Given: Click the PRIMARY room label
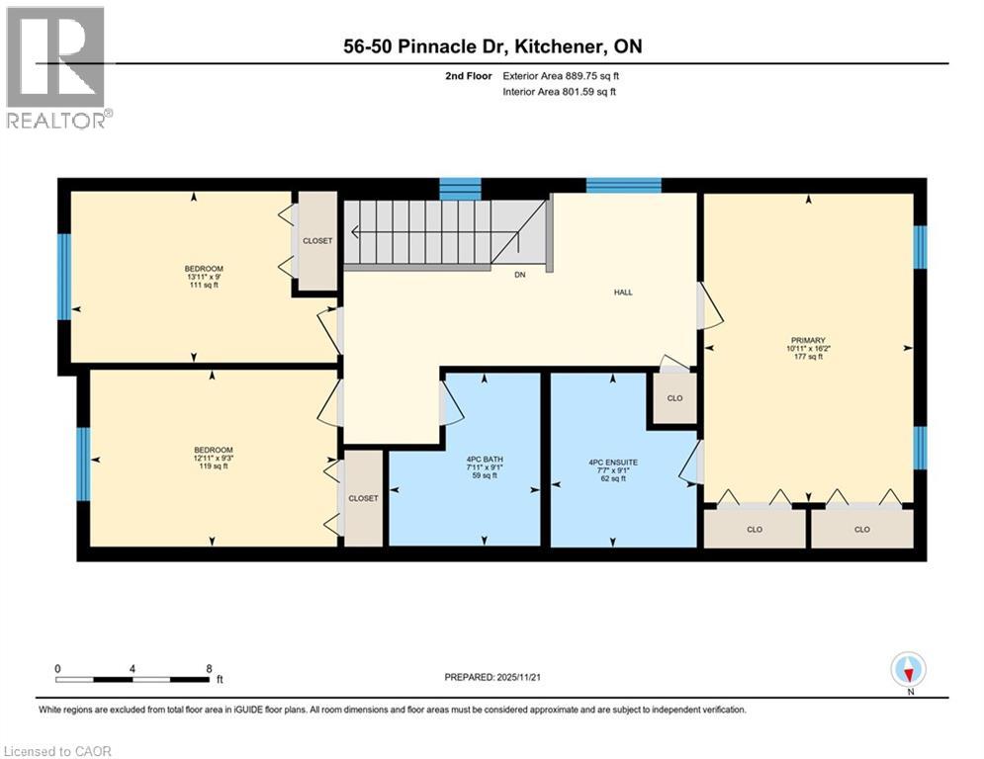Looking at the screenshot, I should pyautogui.click(x=807, y=340).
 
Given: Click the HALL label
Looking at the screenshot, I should pyautogui.click(x=623, y=293).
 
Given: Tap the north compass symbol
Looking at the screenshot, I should pyautogui.click(x=907, y=669).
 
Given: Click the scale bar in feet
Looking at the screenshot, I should pyautogui.click(x=133, y=679).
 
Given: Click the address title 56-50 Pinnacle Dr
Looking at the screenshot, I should pyautogui.click(x=492, y=46).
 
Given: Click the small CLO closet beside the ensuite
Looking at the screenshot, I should pyautogui.click(x=674, y=399).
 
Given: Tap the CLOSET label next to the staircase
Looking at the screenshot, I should pyautogui.click(x=317, y=241).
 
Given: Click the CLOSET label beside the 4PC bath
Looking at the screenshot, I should pyautogui.click(x=363, y=498).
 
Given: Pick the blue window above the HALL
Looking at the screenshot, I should pyautogui.click(x=623, y=185).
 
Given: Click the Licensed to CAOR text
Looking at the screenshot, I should pyautogui.click(x=57, y=751).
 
